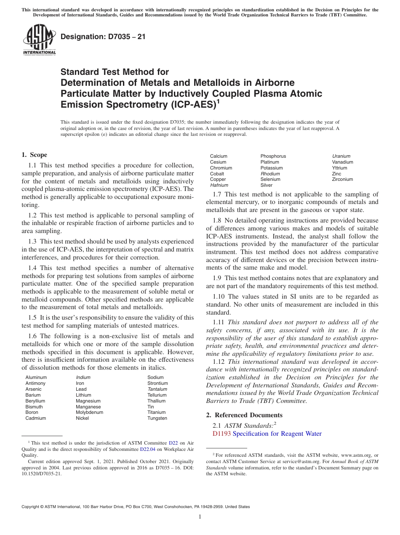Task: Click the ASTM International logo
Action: tap(39, 40)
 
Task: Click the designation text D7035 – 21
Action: tap(103, 37)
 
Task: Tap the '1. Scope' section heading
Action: tap(35, 155)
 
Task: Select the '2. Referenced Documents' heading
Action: tap(244, 415)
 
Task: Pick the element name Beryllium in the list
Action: tap(35, 401)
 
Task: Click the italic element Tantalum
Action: tap(157, 389)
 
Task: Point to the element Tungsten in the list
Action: tap(157, 418)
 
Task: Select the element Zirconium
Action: tap(342, 179)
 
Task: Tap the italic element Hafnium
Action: tap(219, 185)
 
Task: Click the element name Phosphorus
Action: tap(273, 156)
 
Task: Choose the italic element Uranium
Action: tap(341, 156)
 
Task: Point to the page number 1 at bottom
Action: tap(200, 517)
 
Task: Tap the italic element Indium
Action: tap(83, 377)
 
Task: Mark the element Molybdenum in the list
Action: tap(89, 412)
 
